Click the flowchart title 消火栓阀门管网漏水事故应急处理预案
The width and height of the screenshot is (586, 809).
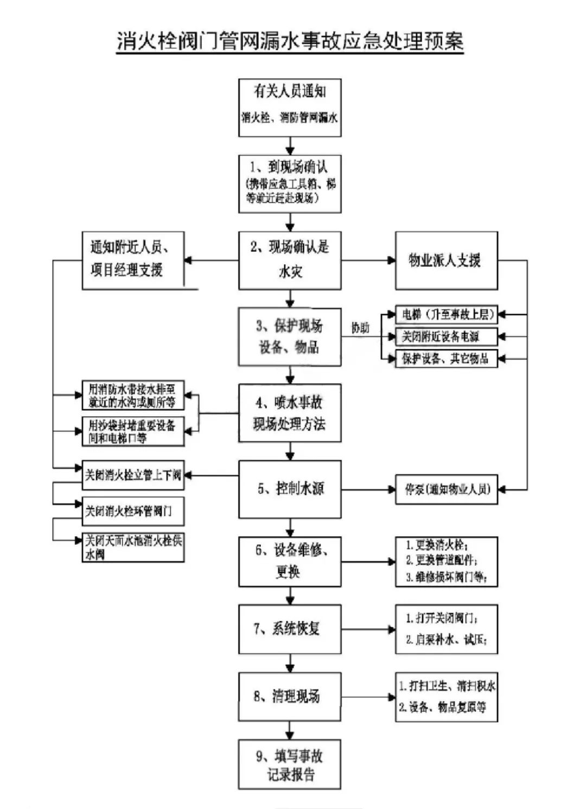[290, 41]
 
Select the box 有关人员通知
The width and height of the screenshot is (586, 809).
[290, 107]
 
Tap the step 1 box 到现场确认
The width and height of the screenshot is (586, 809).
[290, 183]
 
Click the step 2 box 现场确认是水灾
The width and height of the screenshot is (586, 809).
[290, 260]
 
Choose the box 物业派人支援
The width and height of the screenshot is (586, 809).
[446, 260]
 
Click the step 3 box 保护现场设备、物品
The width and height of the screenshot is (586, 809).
[290, 336]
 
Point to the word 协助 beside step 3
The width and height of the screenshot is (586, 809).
[360, 328]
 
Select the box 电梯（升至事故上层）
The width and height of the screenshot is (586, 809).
[446, 314]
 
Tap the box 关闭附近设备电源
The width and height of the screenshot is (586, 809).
[446, 336]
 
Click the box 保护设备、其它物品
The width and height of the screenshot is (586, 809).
[446, 359]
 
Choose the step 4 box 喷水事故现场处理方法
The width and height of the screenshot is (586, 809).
[290, 413]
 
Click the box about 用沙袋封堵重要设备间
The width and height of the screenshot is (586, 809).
[133, 432]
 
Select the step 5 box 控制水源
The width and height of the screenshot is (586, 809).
[290, 489]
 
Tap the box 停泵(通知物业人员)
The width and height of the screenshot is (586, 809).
[446, 489]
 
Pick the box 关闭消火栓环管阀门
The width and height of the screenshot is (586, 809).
[133, 511]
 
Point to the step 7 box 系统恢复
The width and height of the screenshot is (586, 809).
[290, 629]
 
